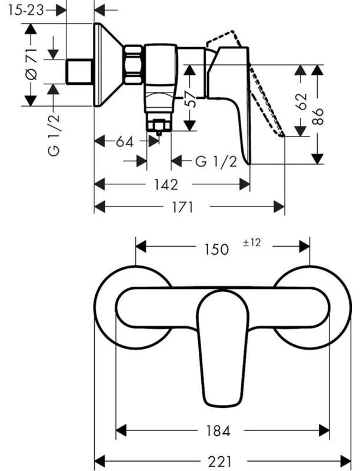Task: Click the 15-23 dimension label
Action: (26, 11)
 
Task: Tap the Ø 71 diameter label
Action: (32, 64)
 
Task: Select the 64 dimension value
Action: (125, 142)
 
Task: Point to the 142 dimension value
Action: (166, 184)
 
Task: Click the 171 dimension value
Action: (182, 207)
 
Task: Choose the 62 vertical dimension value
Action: (301, 101)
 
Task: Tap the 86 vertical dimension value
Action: (318, 117)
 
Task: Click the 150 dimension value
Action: (216, 249)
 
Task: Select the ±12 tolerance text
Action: (252, 243)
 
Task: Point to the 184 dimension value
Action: (218, 431)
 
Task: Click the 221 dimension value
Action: (219, 461)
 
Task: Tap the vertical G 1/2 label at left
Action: (54, 135)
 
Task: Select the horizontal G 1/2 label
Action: (216, 161)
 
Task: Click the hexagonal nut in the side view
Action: (133, 65)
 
